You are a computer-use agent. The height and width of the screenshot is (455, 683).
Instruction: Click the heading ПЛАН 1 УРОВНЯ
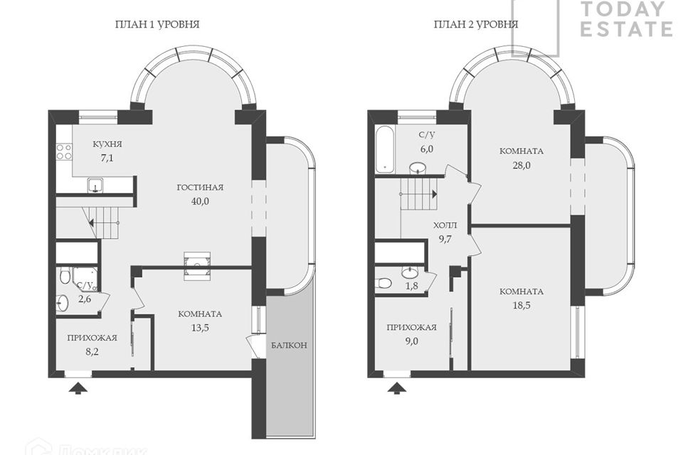(x=157, y=24)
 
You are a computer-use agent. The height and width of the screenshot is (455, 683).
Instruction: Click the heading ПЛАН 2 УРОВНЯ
(x=476, y=24)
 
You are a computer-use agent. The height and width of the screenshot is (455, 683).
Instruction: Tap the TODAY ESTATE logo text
(x=626, y=19)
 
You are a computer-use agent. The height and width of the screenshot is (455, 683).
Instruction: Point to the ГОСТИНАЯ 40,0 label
(x=201, y=193)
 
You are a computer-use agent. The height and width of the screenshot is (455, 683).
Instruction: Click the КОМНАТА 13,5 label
(x=200, y=321)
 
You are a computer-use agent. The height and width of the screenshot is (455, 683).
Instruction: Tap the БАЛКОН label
(x=289, y=346)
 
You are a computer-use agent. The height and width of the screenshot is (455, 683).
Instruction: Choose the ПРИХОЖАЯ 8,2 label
(x=92, y=344)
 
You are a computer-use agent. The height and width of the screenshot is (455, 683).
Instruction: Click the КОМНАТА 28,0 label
(x=521, y=157)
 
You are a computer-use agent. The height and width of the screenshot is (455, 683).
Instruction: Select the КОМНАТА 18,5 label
(x=521, y=298)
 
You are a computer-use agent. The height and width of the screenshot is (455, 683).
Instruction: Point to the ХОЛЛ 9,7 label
(x=446, y=232)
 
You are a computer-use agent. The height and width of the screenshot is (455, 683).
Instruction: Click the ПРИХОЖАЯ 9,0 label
(x=411, y=334)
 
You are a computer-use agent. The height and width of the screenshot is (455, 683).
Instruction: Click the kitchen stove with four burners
(x=63, y=151)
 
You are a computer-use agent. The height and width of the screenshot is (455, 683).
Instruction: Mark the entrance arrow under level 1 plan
(x=78, y=387)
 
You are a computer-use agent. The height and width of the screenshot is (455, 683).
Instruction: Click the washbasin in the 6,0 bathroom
(x=418, y=168)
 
